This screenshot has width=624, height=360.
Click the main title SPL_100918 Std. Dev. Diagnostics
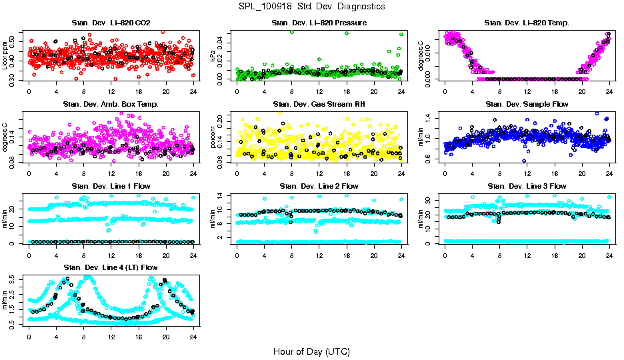tap(311, 7)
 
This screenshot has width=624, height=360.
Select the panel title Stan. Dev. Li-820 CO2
tap(111, 23)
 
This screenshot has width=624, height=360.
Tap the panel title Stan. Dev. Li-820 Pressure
tap(319, 23)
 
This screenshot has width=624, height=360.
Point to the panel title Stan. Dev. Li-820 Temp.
tap(527, 23)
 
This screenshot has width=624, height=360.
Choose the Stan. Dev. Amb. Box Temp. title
tap(111, 105)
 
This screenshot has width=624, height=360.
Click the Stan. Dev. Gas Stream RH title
tap(319, 105)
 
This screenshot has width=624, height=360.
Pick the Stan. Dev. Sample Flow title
tap(527, 105)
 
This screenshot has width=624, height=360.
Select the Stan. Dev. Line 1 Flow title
tap(111, 186)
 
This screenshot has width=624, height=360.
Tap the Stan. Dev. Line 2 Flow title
tap(319, 186)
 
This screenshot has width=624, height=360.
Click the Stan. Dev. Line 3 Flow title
tap(527, 186)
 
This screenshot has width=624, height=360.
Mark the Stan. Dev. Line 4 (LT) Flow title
tap(111, 267)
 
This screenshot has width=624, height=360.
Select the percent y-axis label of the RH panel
tap(213, 137)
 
